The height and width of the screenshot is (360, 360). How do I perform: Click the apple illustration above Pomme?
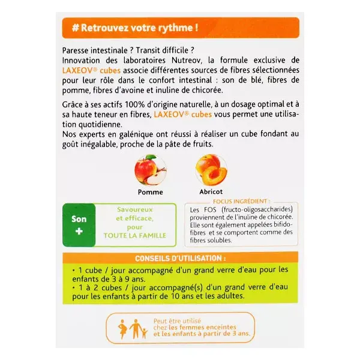tap(151, 170)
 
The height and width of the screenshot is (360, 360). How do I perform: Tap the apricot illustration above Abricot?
tap(211, 170)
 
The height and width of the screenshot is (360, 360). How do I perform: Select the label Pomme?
tap(151, 192)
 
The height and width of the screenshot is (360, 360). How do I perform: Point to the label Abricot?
tap(211, 192)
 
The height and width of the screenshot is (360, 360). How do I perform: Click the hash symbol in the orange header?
tap(76, 28)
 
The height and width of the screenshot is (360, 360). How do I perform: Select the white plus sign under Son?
tap(79, 231)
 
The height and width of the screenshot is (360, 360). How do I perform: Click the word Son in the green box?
tap(79, 219)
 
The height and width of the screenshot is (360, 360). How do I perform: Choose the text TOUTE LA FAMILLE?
tap(135, 236)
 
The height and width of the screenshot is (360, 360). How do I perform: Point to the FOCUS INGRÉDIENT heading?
tap(241, 202)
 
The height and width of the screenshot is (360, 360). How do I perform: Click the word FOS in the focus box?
tap(211, 209)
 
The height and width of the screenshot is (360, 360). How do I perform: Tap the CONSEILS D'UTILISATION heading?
tap(180, 258)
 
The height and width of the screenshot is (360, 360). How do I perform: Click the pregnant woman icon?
tap(123, 329)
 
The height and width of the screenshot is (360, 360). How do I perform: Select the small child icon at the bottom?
tap(144, 333)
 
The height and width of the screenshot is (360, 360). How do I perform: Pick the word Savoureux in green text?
tap(135, 209)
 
